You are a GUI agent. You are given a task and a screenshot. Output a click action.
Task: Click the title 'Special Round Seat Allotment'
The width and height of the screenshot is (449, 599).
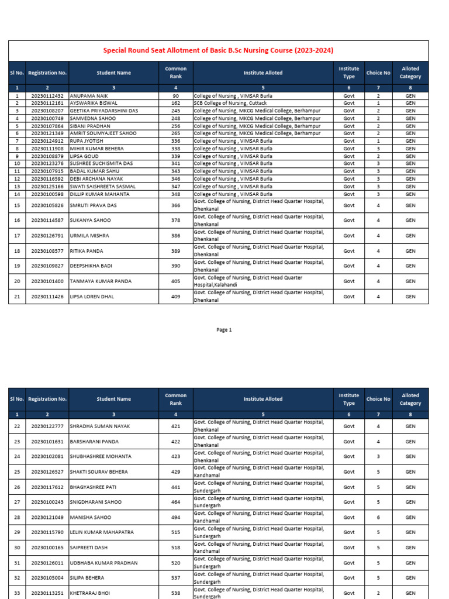click(218, 51)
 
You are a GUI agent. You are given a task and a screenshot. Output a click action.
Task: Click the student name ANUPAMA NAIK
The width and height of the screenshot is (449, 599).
click(89, 95)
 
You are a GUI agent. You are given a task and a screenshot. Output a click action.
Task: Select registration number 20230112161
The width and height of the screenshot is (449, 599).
click(47, 103)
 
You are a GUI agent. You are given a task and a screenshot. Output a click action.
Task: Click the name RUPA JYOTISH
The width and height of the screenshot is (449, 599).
click(87, 141)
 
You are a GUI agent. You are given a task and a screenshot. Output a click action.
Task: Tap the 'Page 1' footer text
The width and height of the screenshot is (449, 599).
click(224, 330)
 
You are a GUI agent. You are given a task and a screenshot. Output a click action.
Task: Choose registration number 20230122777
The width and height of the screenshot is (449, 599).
click(47, 426)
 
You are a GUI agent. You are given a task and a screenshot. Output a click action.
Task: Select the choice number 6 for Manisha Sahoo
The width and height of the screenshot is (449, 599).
click(378, 518)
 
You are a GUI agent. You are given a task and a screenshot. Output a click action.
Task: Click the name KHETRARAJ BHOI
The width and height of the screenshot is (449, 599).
click(89, 593)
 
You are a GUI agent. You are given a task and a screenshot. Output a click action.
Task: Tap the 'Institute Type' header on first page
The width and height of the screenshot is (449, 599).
click(349, 73)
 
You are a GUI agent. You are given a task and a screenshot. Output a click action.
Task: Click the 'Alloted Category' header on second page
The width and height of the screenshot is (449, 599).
click(410, 399)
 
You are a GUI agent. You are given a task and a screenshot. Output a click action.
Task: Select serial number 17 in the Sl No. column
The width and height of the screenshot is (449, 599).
click(17, 236)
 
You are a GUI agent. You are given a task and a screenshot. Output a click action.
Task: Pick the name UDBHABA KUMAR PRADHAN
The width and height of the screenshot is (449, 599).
click(103, 563)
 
